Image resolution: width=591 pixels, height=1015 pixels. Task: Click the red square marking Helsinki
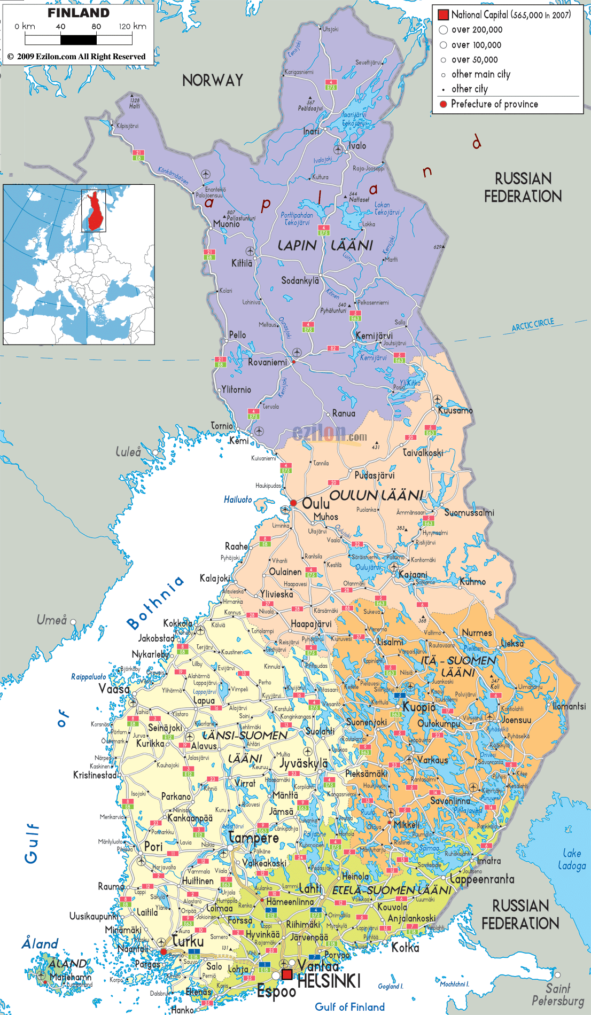(x=287, y=974)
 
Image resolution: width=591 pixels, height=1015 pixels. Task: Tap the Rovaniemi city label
(x=267, y=362)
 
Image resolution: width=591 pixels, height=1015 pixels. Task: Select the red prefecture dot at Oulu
(x=293, y=503)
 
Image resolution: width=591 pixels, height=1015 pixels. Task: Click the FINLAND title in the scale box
(x=79, y=13)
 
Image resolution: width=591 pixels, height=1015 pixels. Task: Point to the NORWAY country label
(x=213, y=80)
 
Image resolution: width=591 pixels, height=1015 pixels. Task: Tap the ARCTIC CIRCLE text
(x=533, y=325)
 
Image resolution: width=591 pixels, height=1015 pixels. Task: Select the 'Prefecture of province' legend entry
(x=494, y=104)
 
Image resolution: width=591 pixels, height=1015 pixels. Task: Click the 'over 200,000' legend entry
(x=477, y=30)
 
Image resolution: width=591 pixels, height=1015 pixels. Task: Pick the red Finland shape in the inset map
(x=96, y=212)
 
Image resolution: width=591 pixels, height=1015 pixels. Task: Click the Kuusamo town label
(x=455, y=410)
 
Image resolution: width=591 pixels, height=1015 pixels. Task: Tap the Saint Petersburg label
(x=558, y=995)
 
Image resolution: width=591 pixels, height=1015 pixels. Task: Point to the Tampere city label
(x=253, y=838)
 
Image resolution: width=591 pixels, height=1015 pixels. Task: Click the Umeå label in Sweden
(x=51, y=620)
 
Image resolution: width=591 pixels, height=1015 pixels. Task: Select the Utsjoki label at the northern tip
(x=331, y=29)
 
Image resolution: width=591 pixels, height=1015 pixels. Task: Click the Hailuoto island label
(x=238, y=499)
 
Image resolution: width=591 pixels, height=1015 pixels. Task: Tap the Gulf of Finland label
(x=349, y=1006)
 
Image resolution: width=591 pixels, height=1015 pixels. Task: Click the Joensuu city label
(x=517, y=720)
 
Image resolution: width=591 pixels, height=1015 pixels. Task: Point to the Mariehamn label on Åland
(x=71, y=977)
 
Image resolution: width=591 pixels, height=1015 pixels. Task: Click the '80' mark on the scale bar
(x=96, y=26)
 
